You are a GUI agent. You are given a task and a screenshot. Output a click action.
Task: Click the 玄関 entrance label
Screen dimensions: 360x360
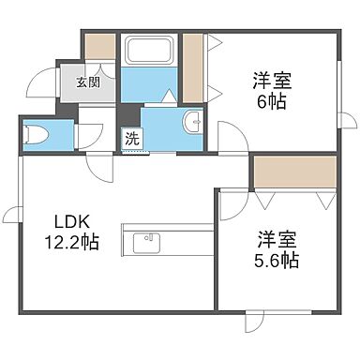[88, 82]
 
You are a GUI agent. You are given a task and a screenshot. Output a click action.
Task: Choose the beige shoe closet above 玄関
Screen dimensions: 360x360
[97, 47]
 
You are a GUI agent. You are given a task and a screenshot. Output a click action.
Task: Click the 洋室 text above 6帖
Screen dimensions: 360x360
[272, 80]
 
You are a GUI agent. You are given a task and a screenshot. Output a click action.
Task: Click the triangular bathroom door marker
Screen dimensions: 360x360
[168, 96]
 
